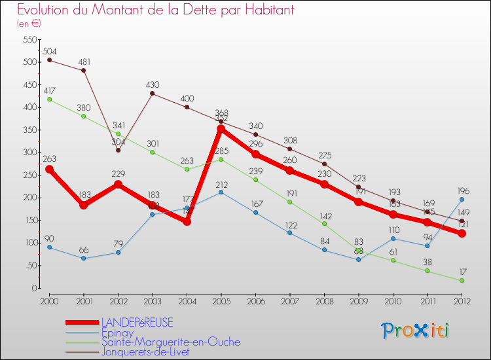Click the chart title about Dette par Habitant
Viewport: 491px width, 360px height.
click(155, 10)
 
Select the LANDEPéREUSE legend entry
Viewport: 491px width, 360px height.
click(137, 323)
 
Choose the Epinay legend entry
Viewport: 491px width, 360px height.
click(117, 333)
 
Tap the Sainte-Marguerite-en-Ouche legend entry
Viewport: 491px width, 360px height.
click(170, 342)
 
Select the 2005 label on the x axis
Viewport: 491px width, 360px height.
click(221, 300)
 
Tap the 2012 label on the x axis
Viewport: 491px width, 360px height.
click(462, 300)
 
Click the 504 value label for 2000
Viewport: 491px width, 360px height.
click(49, 51)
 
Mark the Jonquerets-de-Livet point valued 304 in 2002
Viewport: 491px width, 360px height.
click(118, 150)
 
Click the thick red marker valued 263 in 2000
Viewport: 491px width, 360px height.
click(49, 169)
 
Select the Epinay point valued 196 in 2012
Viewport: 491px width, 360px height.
click(462, 199)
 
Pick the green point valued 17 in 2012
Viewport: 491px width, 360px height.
click(462, 280)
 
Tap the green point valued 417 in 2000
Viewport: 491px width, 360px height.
click(49, 99)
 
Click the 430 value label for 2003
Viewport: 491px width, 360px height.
click(152, 84)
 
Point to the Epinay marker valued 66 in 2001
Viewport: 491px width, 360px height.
click(83, 258)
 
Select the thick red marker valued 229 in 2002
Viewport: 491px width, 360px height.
click(118, 184)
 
